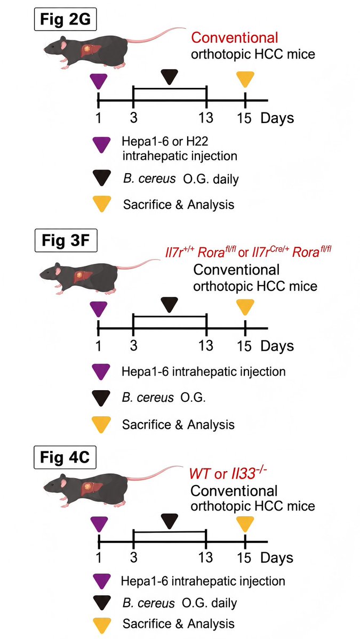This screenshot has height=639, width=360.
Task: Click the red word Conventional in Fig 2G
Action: (235, 38)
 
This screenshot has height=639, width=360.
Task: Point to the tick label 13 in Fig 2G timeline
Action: (206, 118)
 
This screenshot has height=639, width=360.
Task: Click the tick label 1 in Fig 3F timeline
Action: (98, 345)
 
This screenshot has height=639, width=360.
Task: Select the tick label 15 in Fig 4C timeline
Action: (245, 557)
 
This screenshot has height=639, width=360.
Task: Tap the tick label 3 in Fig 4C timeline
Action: (134, 557)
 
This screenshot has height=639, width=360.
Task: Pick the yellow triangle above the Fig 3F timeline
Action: (245, 307)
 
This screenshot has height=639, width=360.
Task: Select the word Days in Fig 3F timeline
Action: (277, 345)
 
